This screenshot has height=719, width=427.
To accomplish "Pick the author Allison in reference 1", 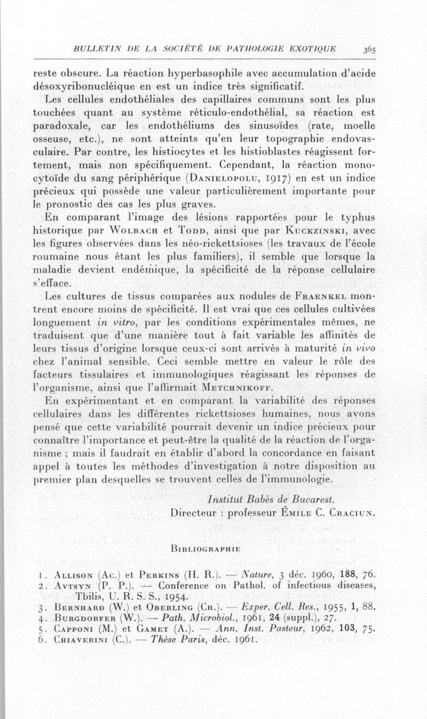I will coord(75,575).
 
